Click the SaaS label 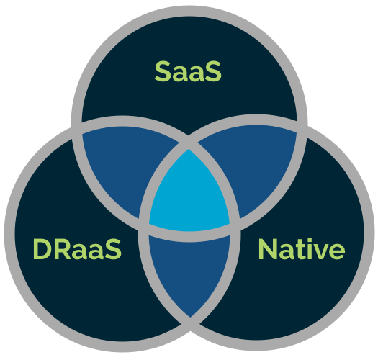click(x=188, y=71)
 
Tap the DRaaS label click(x=77, y=249)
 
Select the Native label click(x=302, y=249)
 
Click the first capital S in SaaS click(x=163, y=71)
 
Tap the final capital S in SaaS click(x=213, y=71)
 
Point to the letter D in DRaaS click(x=42, y=249)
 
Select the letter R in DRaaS click(x=63, y=249)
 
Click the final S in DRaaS click(x=113, y=249)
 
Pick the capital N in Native click(x=268, y=249)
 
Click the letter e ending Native click(x=338, y=251)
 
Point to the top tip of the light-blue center click(x=188, y=150)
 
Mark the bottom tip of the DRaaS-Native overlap click(x=190, y=318)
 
